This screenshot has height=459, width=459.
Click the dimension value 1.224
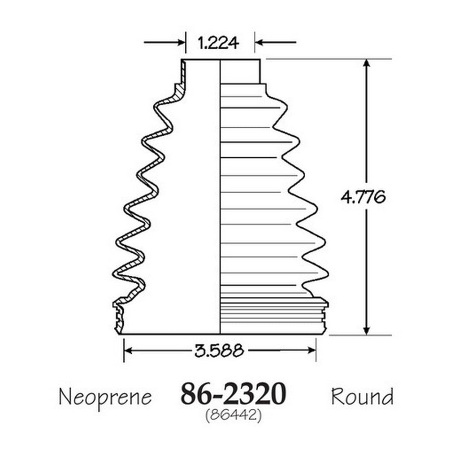218,43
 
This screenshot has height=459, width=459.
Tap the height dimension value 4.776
363,197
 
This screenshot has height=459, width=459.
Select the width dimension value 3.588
219,350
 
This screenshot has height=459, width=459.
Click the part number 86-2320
233,394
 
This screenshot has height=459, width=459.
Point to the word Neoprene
105,397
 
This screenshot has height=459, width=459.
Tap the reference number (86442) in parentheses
233,415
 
